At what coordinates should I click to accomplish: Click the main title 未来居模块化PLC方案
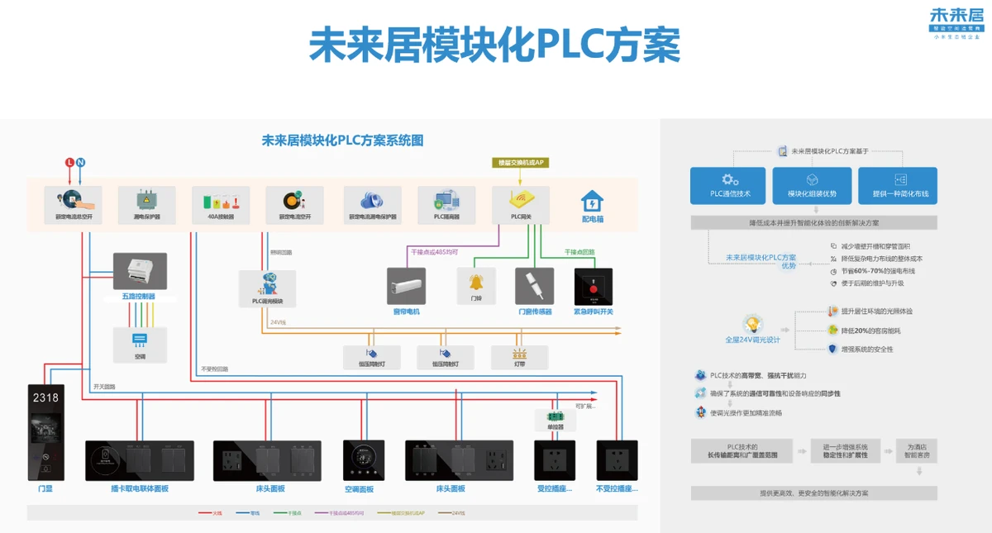coord(494,45)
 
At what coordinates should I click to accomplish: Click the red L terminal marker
coord(69,163)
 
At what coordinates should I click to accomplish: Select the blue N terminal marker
coord(81,163)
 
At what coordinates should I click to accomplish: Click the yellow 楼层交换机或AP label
coord(521,163)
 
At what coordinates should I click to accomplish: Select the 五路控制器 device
coord(140,272)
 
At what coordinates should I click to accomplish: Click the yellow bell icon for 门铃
coord(476,283)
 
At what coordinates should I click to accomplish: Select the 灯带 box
coord(520,357)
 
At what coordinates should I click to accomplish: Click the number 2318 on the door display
coord(45,397)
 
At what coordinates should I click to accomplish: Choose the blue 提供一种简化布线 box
coord(898,186)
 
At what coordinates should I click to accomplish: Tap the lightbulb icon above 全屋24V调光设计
coord(752,324)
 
